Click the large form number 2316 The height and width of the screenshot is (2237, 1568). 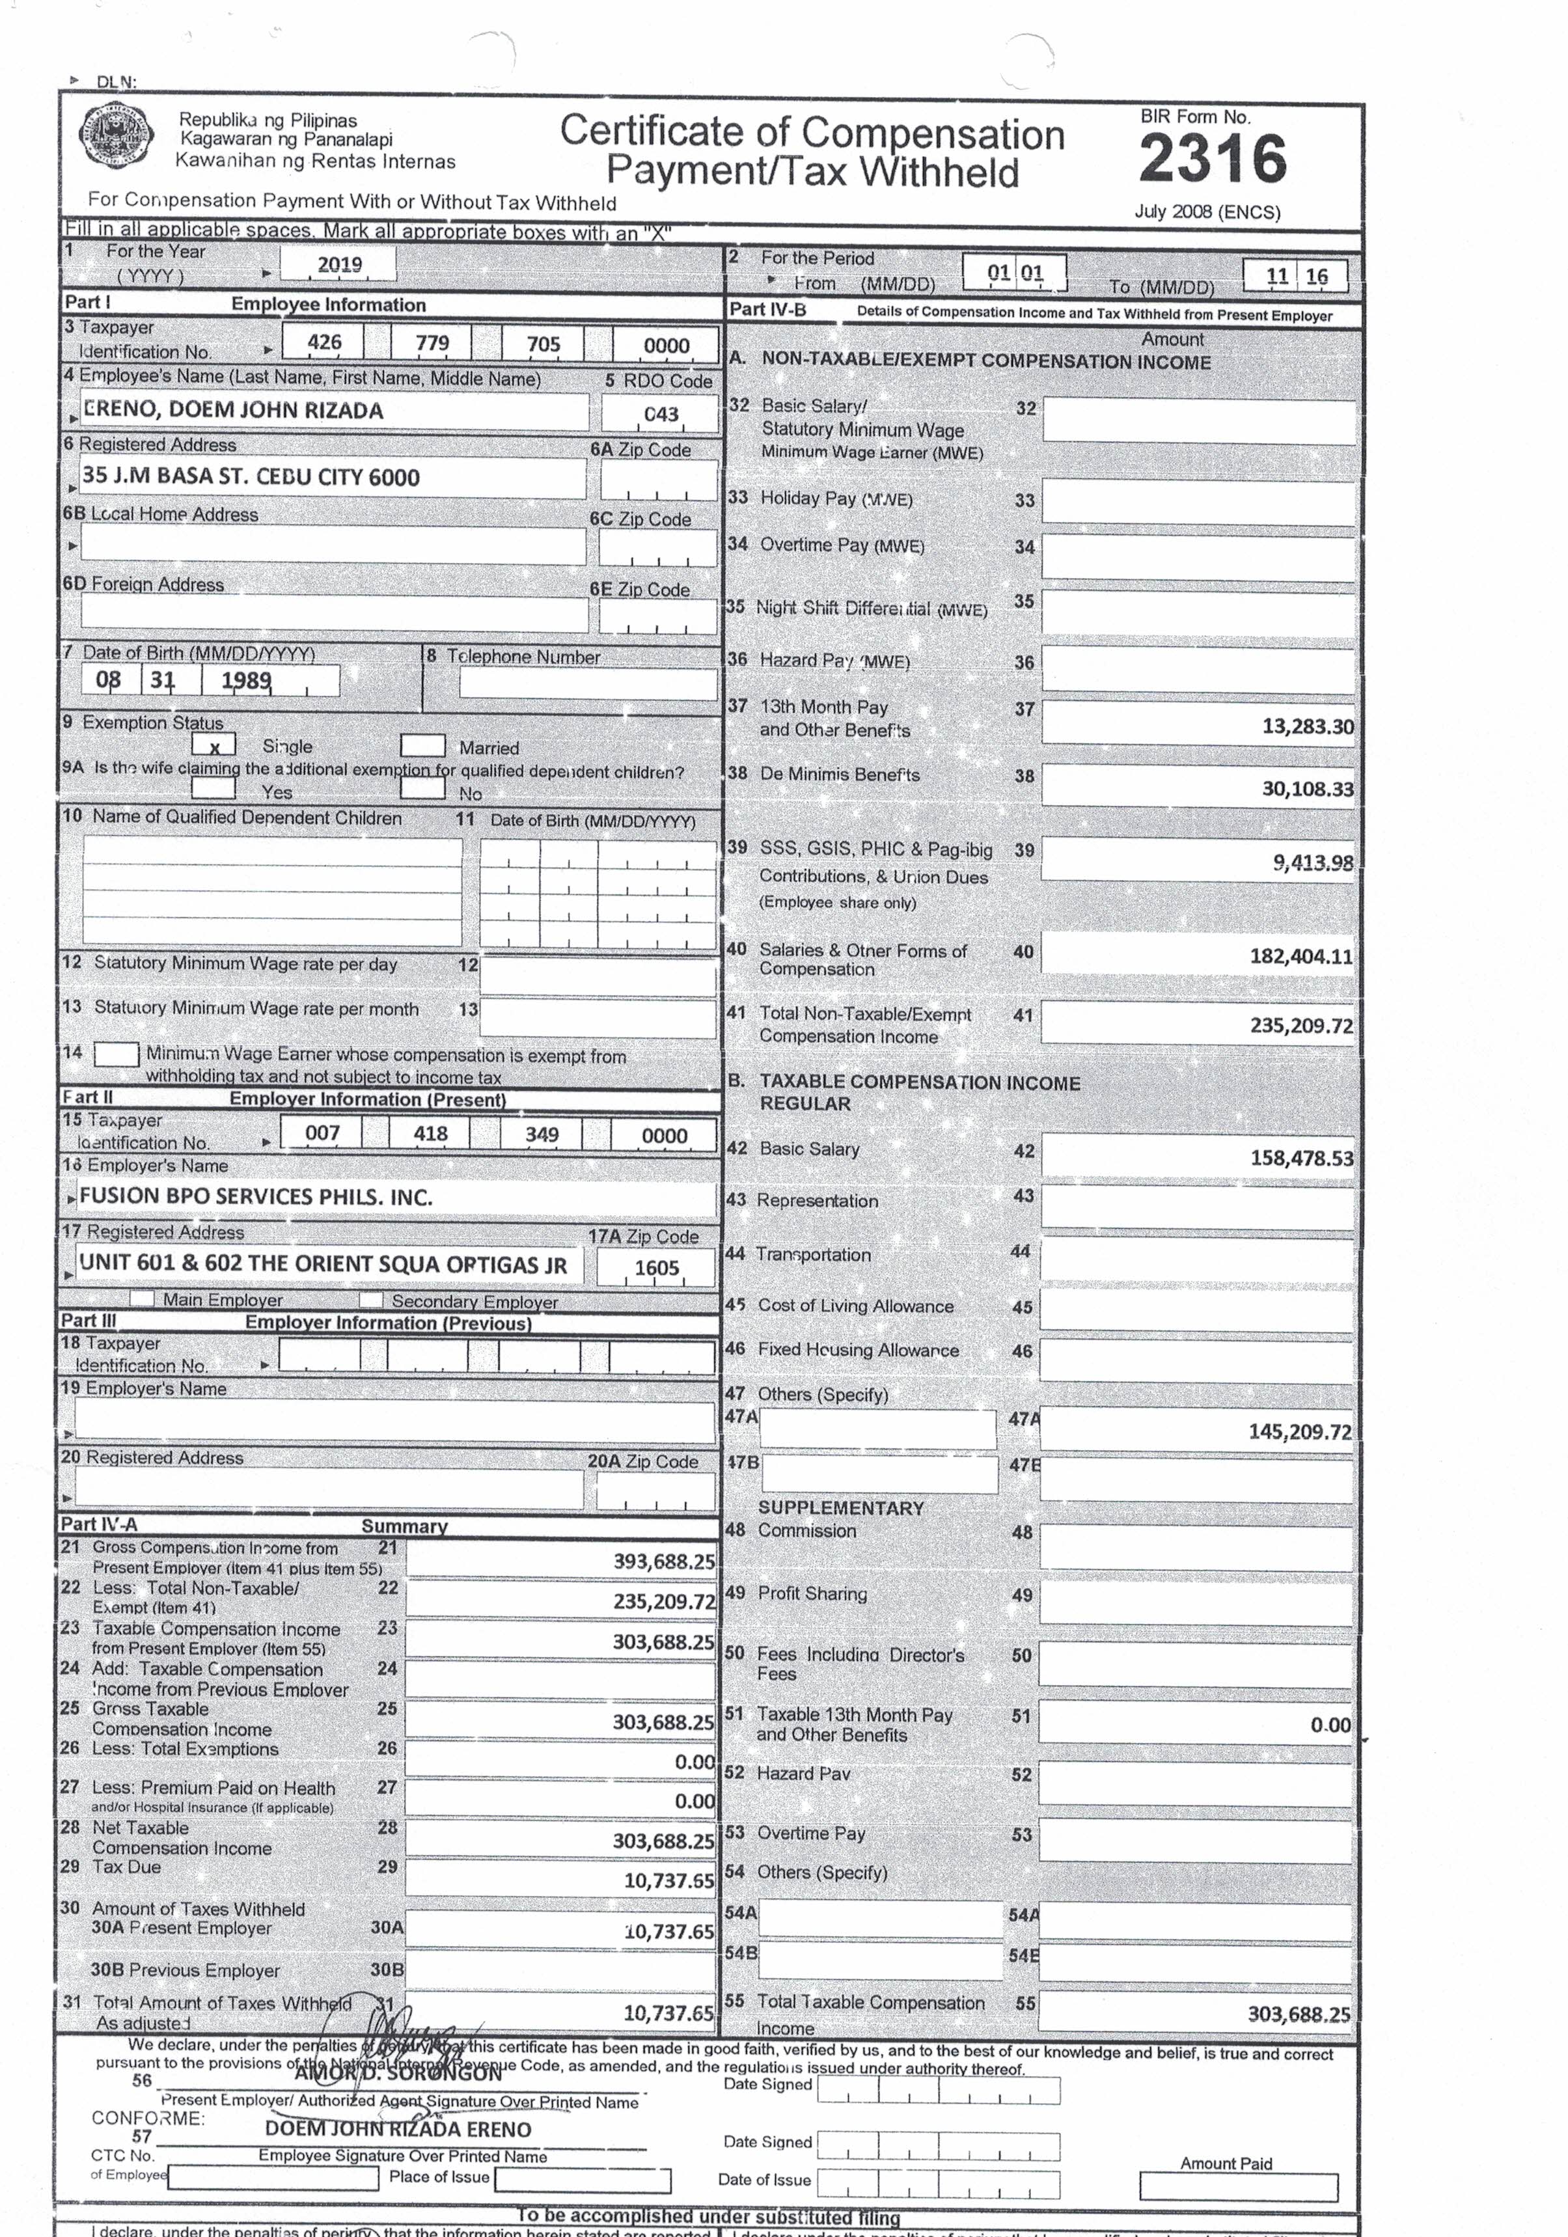pos(1213,158)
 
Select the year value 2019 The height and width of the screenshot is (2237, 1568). pos(339,264)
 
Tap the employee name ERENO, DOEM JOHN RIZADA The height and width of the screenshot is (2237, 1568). pos(233,410)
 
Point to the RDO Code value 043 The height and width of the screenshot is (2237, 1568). pos(660,414)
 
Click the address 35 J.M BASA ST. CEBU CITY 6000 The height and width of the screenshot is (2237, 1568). pos(251,476)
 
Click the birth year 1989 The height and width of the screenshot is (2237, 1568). pos(245,680)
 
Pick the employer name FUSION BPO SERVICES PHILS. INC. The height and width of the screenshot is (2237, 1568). pos(255,1196)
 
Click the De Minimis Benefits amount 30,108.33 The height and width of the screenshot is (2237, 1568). pos(1307,788)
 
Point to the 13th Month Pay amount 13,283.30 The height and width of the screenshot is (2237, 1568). pos(1307,726)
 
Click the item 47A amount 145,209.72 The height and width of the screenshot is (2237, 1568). pos(1300,1431)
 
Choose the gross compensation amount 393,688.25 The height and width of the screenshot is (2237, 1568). pos(664,1561)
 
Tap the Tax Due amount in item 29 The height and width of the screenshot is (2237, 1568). pos(668,1880)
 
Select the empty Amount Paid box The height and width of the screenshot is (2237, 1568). pos(1237,2188)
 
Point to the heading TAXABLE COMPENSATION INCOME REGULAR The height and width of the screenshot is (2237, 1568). pos(919,1092)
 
